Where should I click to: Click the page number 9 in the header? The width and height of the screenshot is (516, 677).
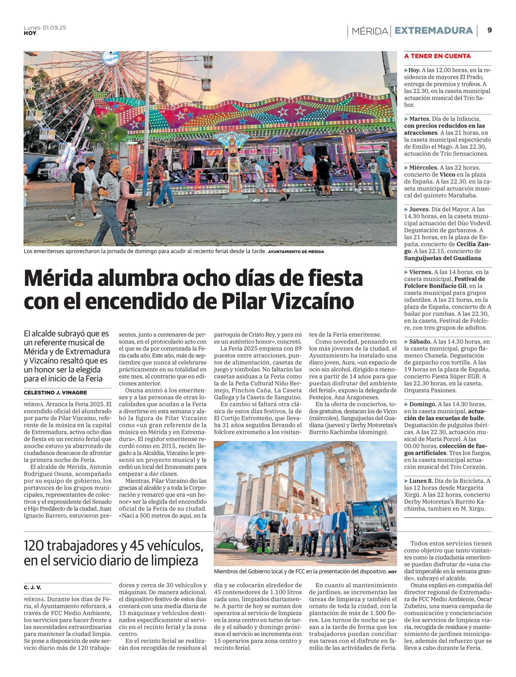490,31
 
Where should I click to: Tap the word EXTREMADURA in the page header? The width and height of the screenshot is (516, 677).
433,31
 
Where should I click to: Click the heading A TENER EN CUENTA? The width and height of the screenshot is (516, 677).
437,56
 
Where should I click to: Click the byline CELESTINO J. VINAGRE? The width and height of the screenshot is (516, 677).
55,392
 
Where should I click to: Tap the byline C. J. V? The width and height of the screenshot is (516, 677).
33,587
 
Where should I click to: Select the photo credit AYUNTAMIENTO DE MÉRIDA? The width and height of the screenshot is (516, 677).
296,251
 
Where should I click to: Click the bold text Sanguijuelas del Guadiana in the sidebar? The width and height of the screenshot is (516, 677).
442,258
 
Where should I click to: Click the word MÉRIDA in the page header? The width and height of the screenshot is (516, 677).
369,31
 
